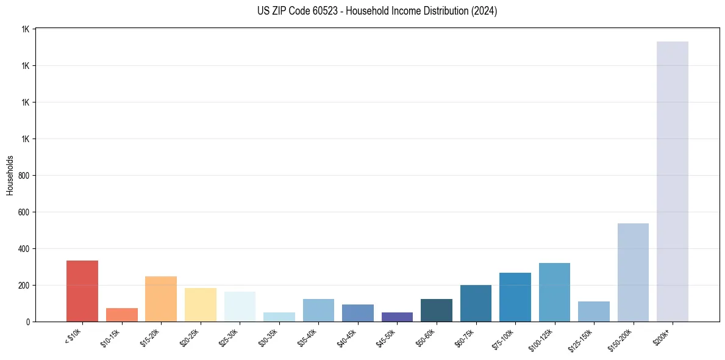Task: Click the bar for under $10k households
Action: coord(82,291)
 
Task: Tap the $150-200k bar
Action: coord(633,273)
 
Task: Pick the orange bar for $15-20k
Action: coord(161,299)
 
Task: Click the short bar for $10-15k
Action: coord(122,315)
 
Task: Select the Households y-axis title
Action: coord(10,175)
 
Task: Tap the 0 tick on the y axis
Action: coord(27,322)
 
